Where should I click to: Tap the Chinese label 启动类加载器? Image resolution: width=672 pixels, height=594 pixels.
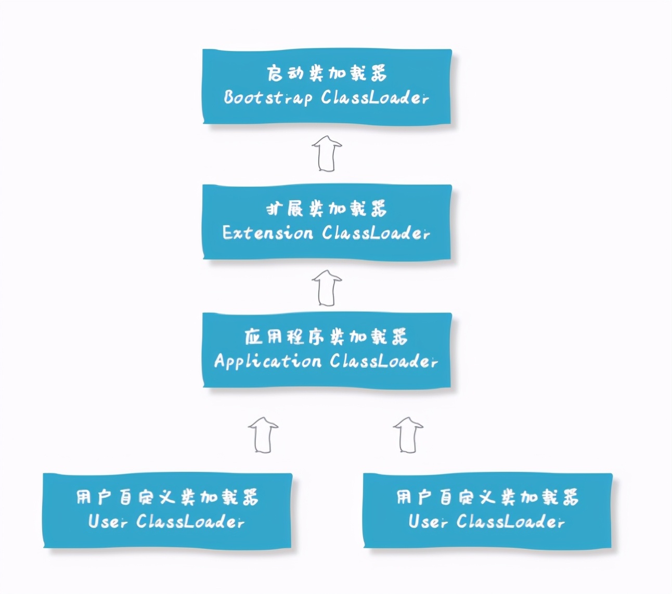pos(327,73)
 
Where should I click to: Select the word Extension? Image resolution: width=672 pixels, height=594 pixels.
pos(267,233)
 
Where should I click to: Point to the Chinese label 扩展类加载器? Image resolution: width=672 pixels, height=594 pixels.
pos(327,209)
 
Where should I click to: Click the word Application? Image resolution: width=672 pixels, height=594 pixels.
pos(267,361)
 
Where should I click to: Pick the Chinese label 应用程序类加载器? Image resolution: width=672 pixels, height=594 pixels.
pos(326,337)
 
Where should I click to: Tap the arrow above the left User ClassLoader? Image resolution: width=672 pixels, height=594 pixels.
pos(263,434)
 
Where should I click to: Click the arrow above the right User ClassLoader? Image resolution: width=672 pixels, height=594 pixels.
pos(408,434)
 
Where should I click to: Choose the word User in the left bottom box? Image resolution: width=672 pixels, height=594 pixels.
pos(107,521)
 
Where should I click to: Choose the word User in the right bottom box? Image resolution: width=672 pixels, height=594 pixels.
pos(428,521)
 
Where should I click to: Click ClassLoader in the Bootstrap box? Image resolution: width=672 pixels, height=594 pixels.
pos(375,98)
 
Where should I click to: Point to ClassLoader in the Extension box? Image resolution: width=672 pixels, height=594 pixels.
pos(376,233)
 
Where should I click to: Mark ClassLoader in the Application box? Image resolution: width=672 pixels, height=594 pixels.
pos(383,361)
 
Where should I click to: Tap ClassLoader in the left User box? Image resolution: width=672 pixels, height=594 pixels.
pos(190,521)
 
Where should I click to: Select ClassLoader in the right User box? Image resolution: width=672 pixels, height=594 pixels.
pos(510,521)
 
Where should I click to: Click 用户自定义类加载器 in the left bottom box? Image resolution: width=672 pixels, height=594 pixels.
pos(167,497)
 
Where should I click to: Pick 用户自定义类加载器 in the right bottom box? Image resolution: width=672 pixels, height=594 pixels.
pos(487,497)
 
